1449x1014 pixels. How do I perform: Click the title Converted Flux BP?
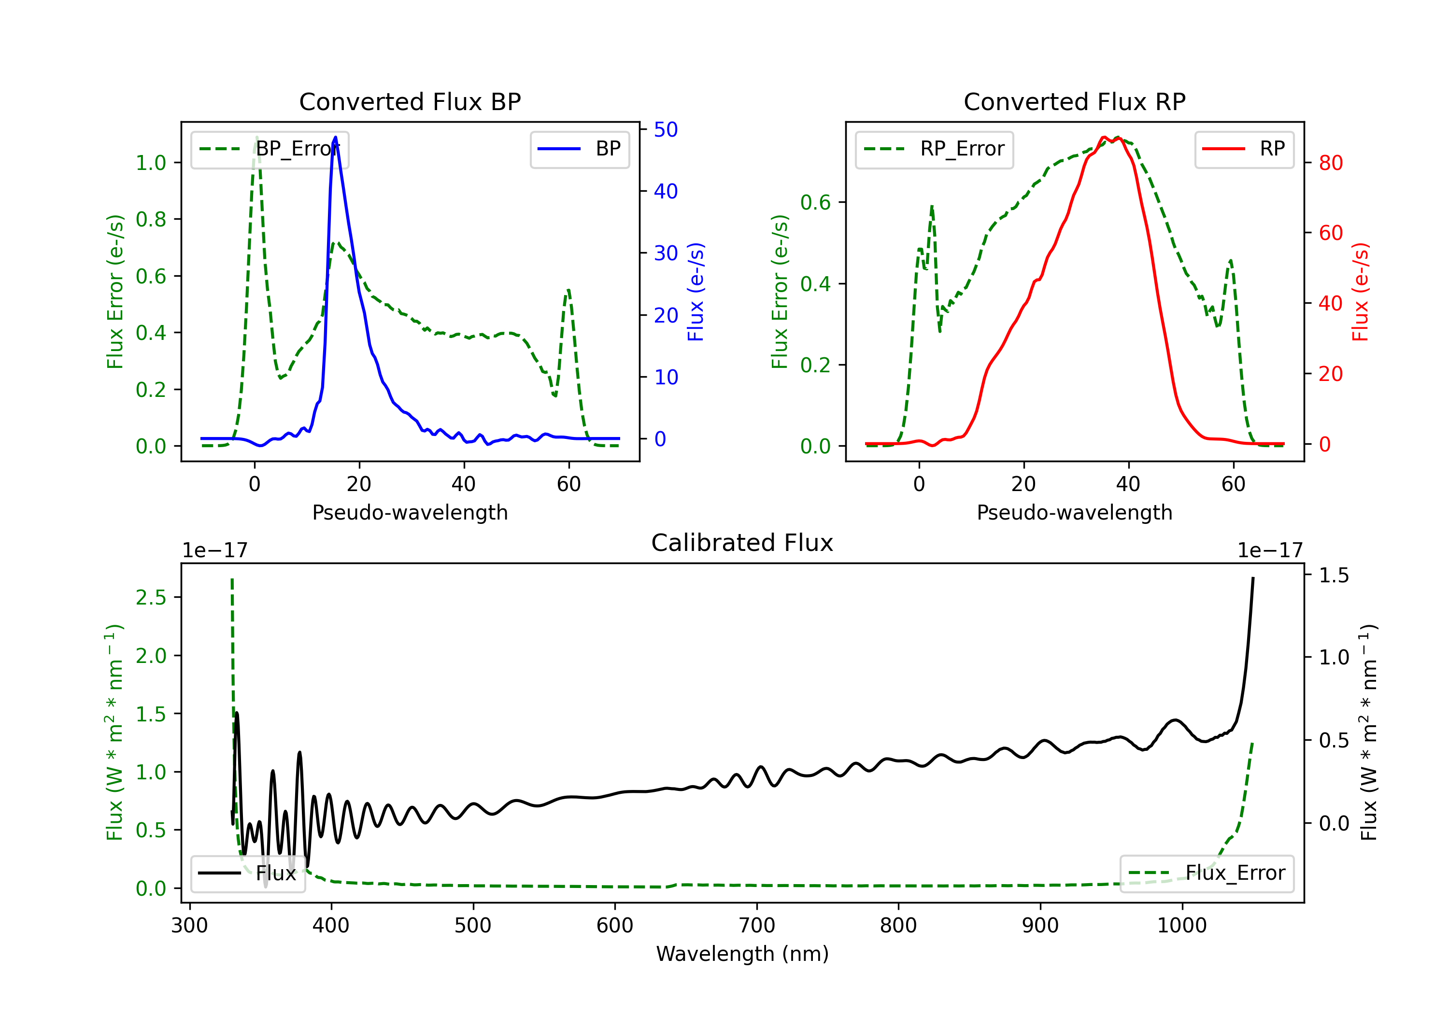point(410,101)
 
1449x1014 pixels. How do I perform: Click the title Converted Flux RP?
point(1074,101)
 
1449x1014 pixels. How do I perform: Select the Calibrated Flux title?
point(742,543)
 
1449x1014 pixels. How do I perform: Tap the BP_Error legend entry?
point(270,149)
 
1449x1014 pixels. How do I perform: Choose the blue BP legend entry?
point(579,149)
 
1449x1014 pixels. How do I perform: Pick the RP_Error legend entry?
point(934,149)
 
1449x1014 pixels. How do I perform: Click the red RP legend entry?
point(1244,149)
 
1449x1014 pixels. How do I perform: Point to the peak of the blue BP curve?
point(335,137)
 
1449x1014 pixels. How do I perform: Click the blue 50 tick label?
point(666,129)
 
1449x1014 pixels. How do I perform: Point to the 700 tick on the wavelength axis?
point(757,925)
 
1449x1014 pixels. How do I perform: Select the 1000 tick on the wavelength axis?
point(1182,925)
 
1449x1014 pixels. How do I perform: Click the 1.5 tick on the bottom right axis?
point(1334,576)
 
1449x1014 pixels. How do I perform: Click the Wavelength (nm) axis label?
point(742,954)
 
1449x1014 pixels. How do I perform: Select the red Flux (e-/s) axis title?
point(1360,292)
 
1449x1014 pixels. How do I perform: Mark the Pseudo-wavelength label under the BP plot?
point(410,512)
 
